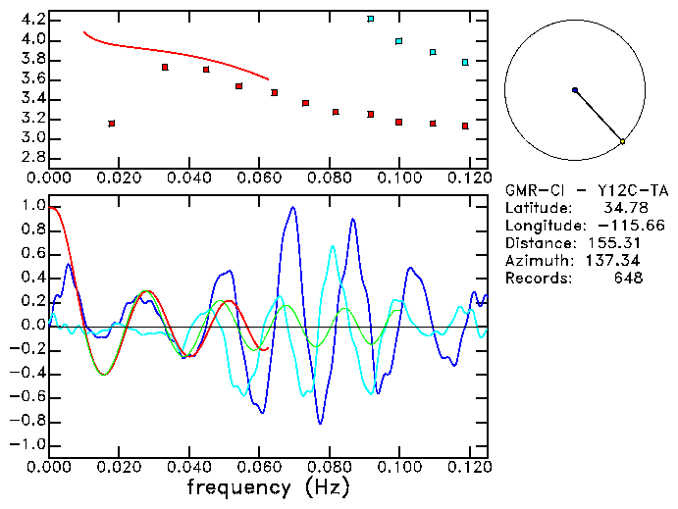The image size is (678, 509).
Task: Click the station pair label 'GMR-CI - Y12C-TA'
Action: [580, 190]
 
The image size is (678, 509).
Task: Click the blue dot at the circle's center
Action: [575, 90]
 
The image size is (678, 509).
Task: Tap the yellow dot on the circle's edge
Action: [622, 142]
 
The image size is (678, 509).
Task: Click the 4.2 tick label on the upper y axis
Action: [32, 20]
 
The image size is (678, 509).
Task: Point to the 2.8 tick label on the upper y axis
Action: [32, 157]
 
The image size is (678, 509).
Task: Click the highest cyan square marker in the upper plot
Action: [370, 19]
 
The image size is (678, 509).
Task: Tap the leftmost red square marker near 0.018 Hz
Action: [112, 124]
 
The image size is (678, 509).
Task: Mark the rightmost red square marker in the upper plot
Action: [465, 126]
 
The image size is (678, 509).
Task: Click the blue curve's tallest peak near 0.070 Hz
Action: [292, 208]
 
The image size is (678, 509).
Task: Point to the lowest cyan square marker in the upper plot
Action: [465, 62]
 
